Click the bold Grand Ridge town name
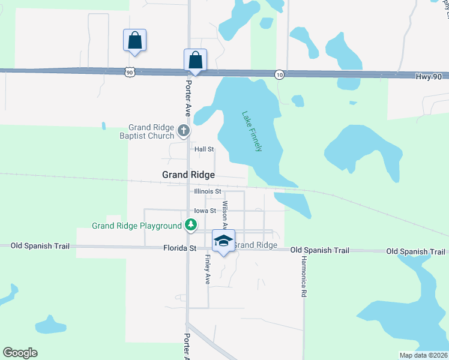coord(188,175)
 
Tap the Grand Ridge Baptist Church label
coord(151,131)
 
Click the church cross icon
coord(184,129)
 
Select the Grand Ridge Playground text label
coord(136,226)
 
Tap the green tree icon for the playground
coord(191,225)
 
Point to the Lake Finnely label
coord(252,131)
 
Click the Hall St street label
coord(203,149)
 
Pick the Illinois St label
coord(208,191)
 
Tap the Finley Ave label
coord(207,269)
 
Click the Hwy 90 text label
coord(427,76)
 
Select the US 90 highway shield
coord(130,71)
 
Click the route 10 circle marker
coord(279,74)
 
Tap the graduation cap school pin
coord(224,241)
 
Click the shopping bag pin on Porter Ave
coord(195,60)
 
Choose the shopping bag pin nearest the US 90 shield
coord(135,41)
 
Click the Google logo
coord(20,353)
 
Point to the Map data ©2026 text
coord(423,355)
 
